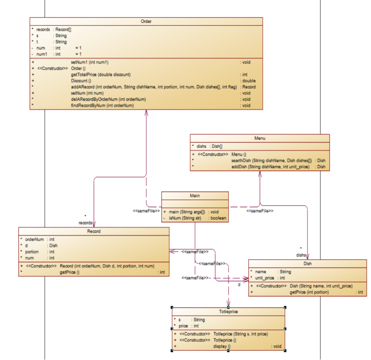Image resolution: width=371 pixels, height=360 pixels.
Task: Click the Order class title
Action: pyautogui.click(x=146, y=21)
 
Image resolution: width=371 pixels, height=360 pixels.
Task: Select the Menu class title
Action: pyautogui.click(x=260, y=138)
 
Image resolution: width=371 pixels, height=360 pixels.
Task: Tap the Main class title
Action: pyautogui.click(x=195, y=196)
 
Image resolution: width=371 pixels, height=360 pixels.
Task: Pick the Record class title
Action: pyautogui.click(x=94, y=231)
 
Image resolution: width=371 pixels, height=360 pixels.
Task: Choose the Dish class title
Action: pyautogui.click(x=307, y=264)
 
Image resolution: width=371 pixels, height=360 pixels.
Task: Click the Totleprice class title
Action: pyautogui.click(x=228, y=312)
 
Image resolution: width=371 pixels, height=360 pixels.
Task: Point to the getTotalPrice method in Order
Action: pyautogui.click(x=101, y=75)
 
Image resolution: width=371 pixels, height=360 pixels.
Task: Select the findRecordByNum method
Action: pyautogui.click(x=102, y=105)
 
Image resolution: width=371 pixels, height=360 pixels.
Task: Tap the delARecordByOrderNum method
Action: pyautogui.click(x=108, y=99)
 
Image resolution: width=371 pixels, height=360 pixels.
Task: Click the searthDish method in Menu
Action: pyautogui.click(x=271, y=160)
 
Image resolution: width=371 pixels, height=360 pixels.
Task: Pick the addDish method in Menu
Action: pyautogui.click(x=270, y=167)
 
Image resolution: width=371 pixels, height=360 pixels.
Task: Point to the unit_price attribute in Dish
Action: pyautogui.click(x=265, y=278)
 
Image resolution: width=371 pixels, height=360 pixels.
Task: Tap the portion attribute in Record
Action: pyautogui.click(x=32, y=252)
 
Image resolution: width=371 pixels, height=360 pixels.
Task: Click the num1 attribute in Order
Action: pyautogui.click(x=42, y=54)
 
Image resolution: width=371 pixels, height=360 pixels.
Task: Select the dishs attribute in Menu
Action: pyautogui.click(x=202, y=146)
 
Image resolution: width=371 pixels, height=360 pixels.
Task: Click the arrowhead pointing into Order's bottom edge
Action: pyautogui.click(x=146, y=113)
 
